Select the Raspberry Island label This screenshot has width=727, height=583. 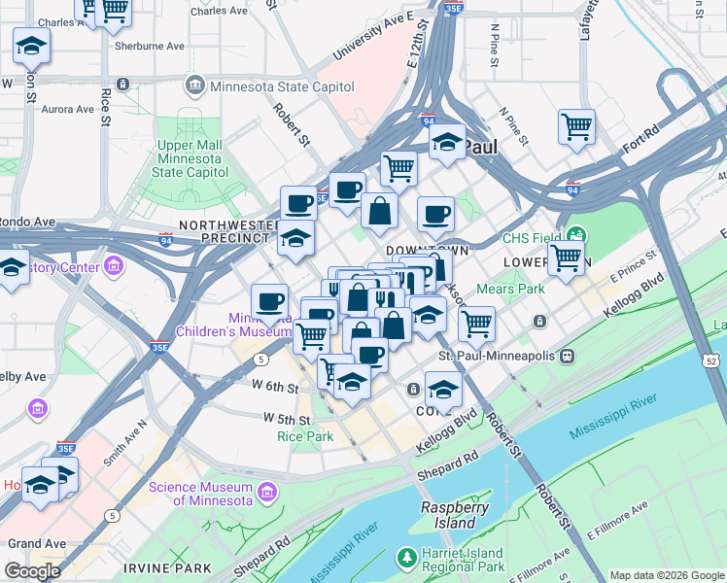click(448, 515)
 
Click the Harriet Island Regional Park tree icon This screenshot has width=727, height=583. click(406, 559)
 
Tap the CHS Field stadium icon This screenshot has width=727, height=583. click(577, 236)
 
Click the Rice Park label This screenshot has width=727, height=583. click(305, 436)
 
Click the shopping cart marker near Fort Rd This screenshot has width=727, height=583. click(576, 127)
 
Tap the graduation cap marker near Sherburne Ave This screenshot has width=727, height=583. click(32, 46)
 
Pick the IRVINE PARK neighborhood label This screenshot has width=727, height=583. click(155, 566)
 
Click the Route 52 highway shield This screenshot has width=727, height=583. click(713, 361)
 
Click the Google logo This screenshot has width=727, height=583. click(32, 570)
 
